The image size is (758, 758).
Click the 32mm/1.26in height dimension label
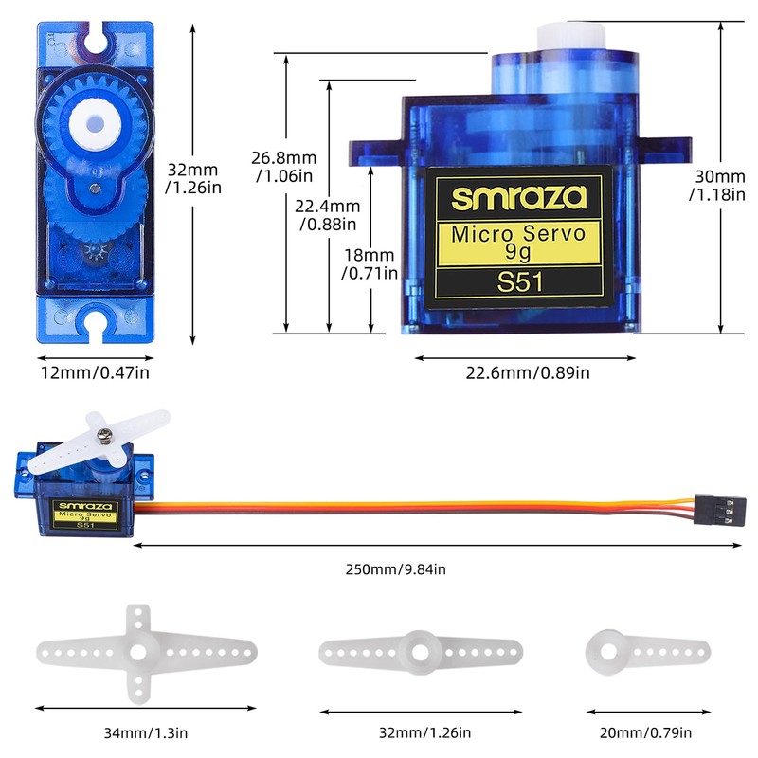[x=193, y=178]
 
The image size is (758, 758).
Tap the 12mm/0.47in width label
[x=96, y=372]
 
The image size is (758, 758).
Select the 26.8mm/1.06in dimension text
[x=283, y=167]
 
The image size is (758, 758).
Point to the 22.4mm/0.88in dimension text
[x=328, y=215]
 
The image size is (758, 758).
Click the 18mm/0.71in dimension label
[x=370, y=263]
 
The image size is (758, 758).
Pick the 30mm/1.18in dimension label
[x=717, y=185]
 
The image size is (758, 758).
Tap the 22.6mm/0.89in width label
[x=528, y=372]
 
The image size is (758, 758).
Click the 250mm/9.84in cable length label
[x=395, y=569]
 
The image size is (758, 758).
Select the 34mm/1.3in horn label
[x=146, y=732]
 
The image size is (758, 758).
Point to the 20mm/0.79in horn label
[x=645, y=732]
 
